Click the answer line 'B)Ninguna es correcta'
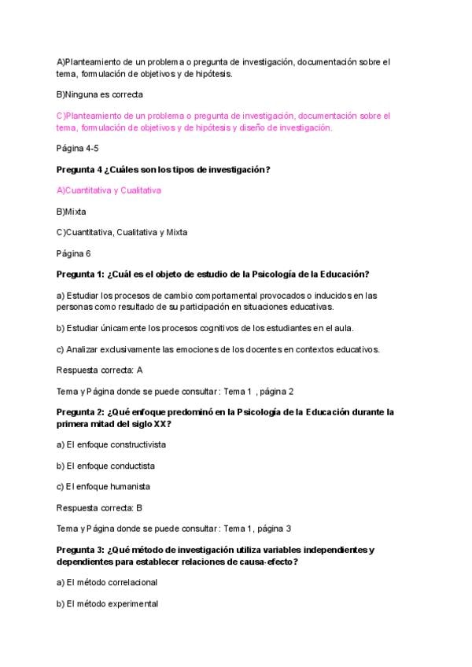[100, 94]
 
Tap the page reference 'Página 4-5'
[78, 148]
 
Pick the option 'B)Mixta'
[72, 212]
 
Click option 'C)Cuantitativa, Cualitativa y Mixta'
[122, 232]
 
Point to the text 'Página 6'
[74, 253]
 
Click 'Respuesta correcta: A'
[100, 370]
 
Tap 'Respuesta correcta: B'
[100, 507]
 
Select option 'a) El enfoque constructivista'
[111, 444]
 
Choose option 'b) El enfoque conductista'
[105, 466]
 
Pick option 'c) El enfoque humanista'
[103, 486]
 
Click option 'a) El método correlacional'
[107, 583]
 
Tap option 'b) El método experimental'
[107, 604]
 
